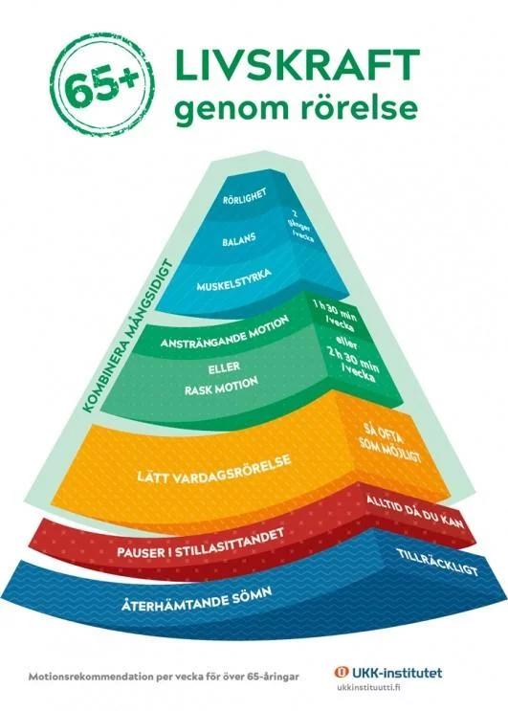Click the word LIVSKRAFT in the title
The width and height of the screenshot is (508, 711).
coord(298,64)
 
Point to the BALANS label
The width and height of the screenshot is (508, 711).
coord(239,239)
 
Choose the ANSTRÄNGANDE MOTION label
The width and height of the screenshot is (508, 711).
coord(224,333)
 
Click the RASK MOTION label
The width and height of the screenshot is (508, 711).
coord(221,386)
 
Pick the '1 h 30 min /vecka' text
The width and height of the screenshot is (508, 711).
coord(335,314)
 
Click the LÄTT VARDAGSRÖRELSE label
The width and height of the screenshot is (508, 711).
coord(214,469)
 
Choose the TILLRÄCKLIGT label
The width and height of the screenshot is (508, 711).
coord(437,562)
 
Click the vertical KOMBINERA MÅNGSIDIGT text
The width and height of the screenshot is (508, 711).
coord(127,336)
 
